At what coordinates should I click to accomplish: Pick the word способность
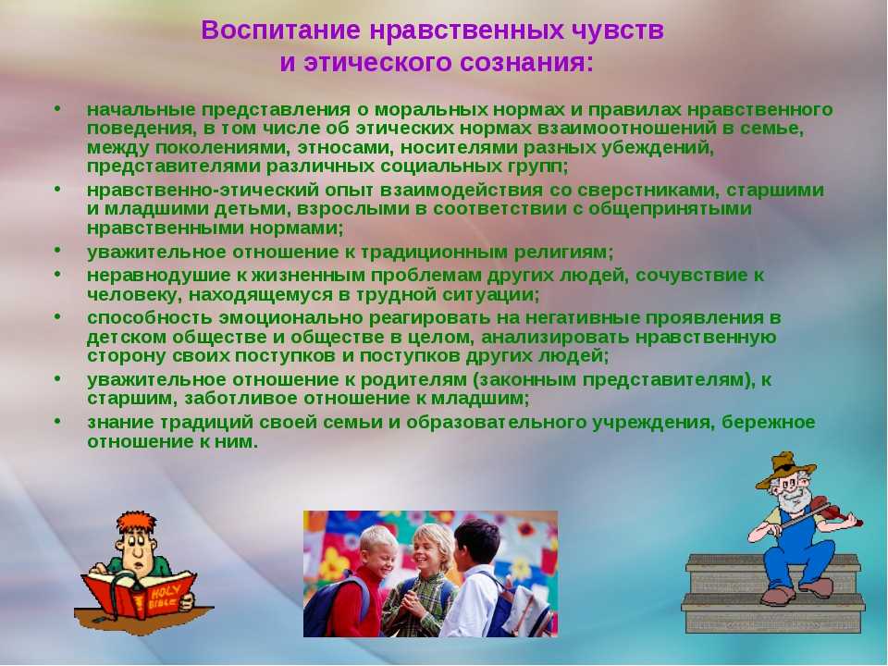click(150, 318)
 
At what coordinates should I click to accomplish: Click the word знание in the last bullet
click(120, 423)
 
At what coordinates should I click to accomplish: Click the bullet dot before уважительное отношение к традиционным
click(57, 250)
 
